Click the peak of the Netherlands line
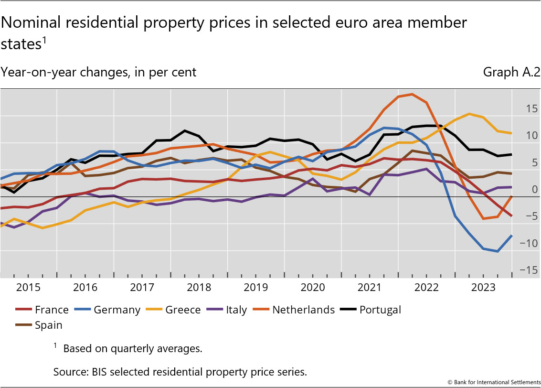tap(412, 94)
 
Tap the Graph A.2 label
tap(511, 72)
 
